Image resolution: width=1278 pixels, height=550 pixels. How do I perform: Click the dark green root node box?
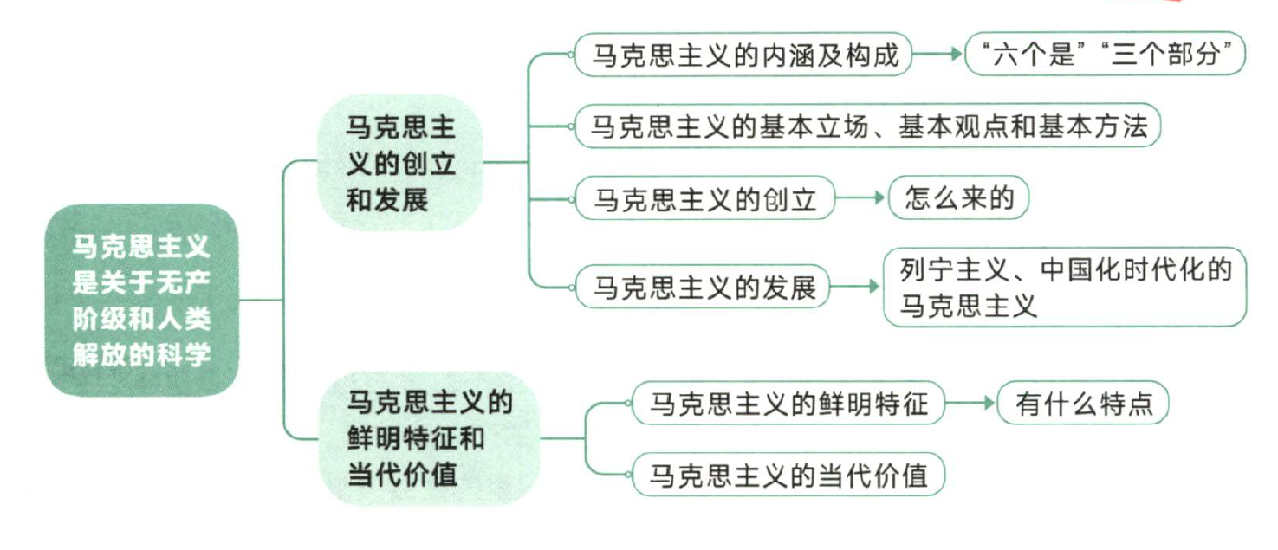pos(141,300)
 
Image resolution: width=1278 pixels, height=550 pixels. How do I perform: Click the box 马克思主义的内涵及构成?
pos(744,56)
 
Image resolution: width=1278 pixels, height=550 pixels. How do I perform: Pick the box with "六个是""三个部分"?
pos(1106,55)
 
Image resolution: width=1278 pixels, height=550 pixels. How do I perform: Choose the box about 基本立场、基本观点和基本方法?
pos(867,128)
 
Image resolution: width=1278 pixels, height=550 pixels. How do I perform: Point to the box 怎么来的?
pos(958,199)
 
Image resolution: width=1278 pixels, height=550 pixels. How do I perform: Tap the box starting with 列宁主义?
pos(1064,288)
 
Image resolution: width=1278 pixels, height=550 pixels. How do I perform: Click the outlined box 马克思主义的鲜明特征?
pos(788,404)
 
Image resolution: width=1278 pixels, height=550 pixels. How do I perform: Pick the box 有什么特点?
pos(1083,404)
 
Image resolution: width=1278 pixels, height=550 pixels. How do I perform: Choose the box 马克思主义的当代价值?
pos(788,475)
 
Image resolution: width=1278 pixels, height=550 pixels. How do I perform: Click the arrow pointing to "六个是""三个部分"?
pos(939,55)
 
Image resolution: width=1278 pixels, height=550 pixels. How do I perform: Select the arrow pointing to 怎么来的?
pos(862,200)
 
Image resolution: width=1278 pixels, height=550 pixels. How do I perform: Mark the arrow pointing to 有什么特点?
pos(970,404)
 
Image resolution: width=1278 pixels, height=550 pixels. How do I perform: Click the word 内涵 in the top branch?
pos(814,56)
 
